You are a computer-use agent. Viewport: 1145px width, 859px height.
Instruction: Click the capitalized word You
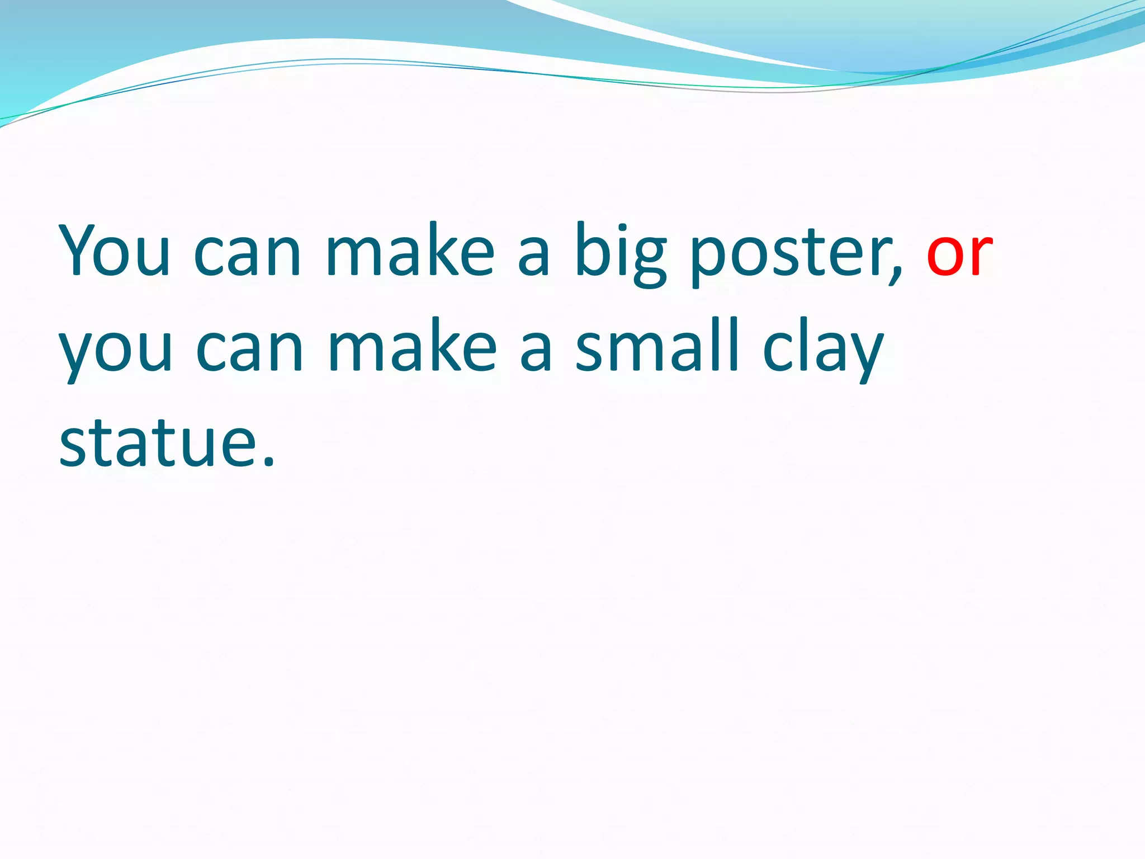pyautogui.click(x=115, y=251)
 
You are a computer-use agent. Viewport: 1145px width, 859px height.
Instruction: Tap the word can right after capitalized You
pyautogui.click(x=247, y=254)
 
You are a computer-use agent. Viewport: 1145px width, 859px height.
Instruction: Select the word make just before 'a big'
pyautogui.click(x=410, y=251)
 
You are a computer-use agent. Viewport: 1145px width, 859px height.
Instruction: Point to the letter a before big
pyautogui.click(x=533, y=256)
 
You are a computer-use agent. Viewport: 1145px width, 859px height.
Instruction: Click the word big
pyautogui.click(x=621, y=254)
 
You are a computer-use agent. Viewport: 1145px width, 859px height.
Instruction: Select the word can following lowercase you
pyautogui.click(x=249, y=350)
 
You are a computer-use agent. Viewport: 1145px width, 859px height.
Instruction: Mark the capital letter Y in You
pyautogui.click(x=81, y=250)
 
